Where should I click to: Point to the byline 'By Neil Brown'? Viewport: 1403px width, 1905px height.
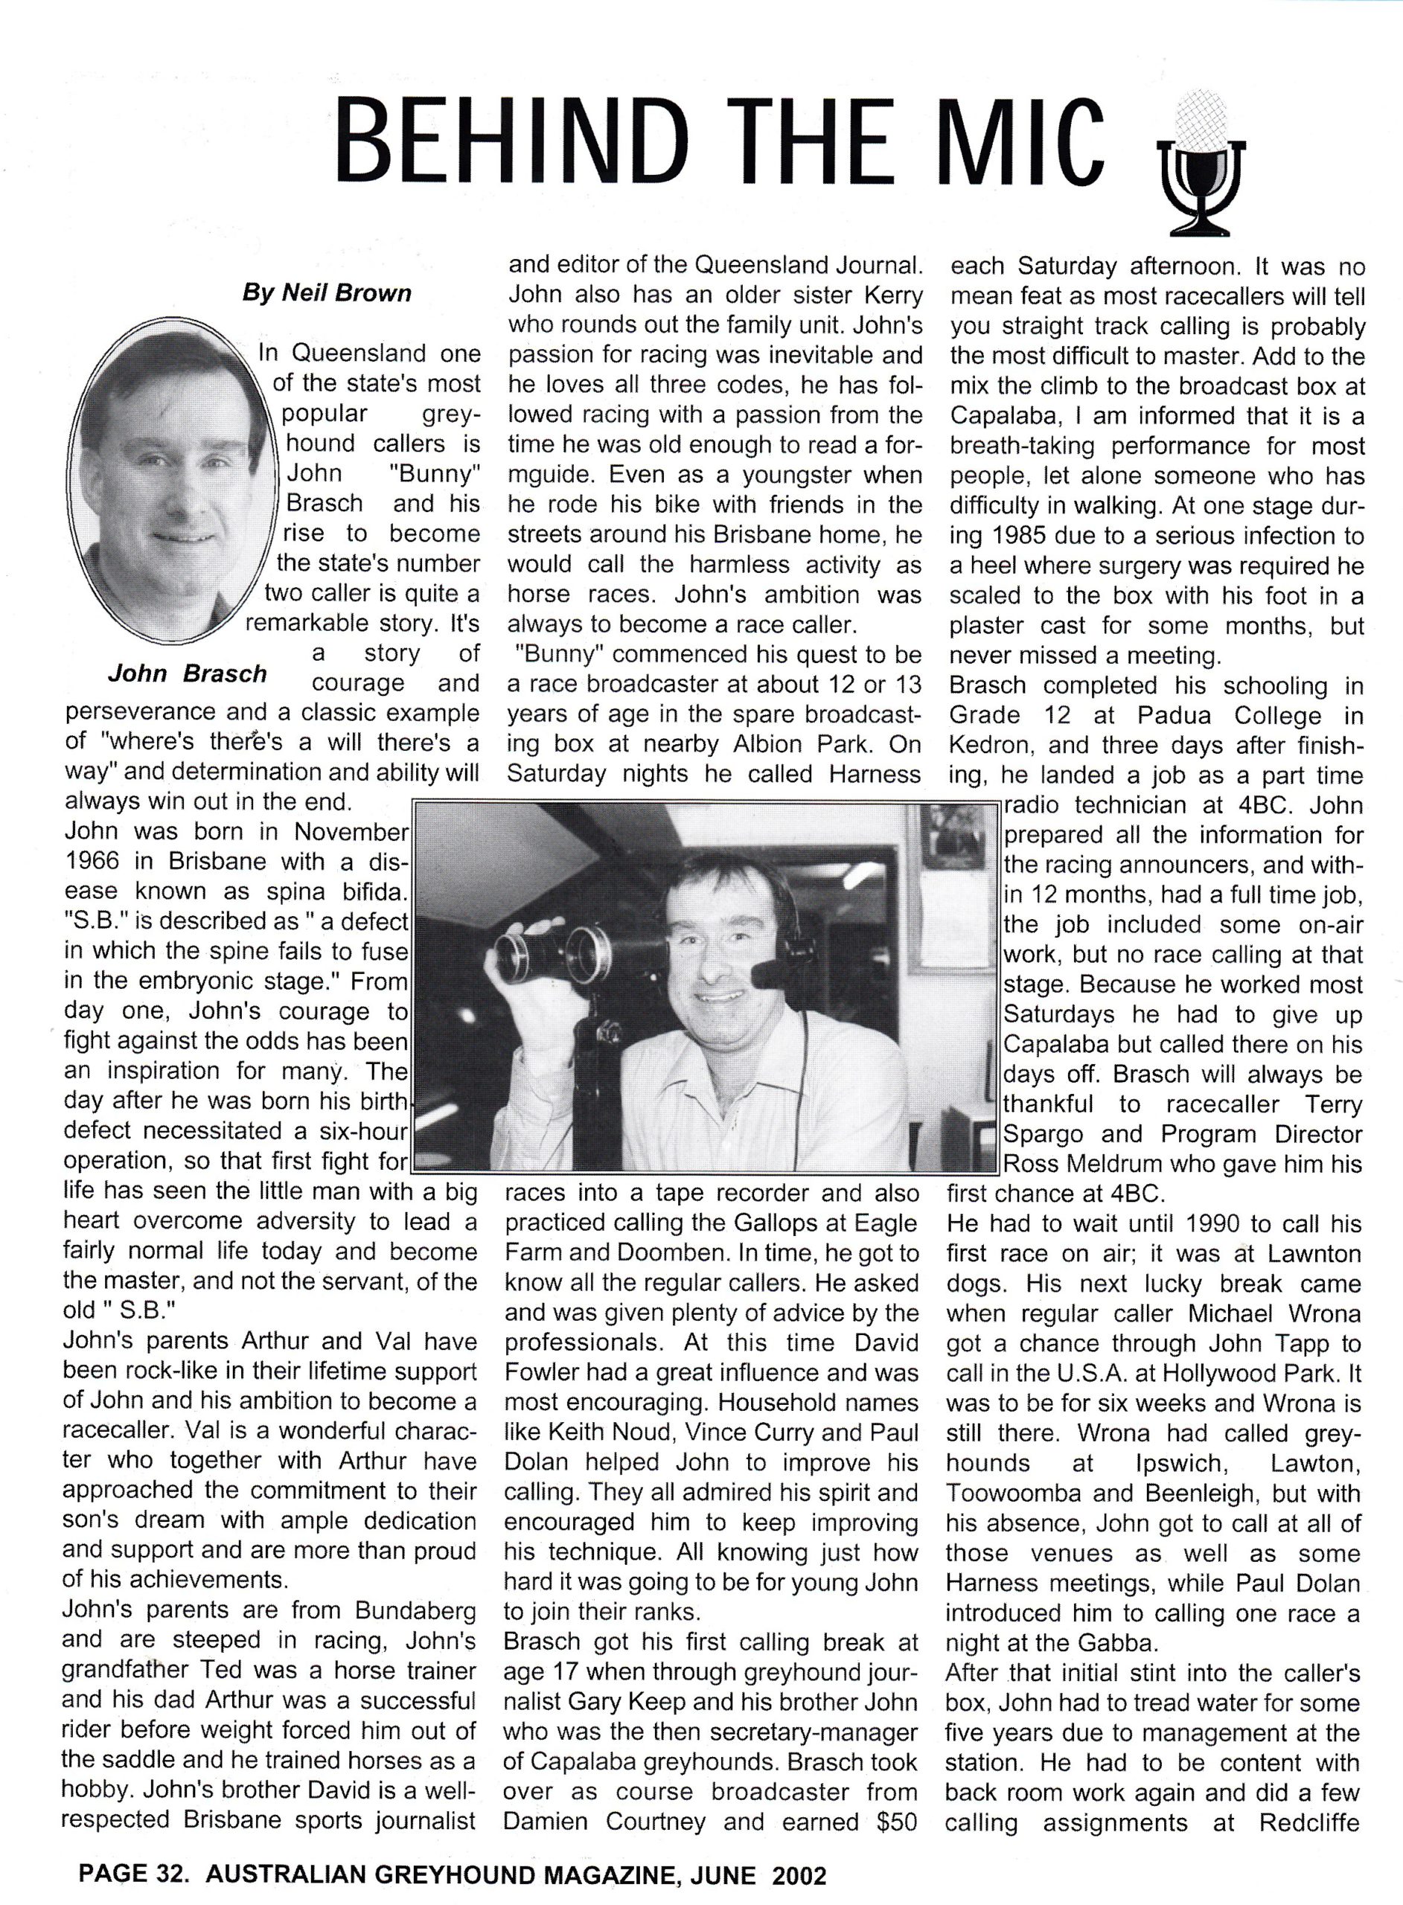pos(327,294)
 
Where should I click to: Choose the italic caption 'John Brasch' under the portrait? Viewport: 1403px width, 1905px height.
pos(187,674)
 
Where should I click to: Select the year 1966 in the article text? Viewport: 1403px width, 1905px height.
pos(96,861)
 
